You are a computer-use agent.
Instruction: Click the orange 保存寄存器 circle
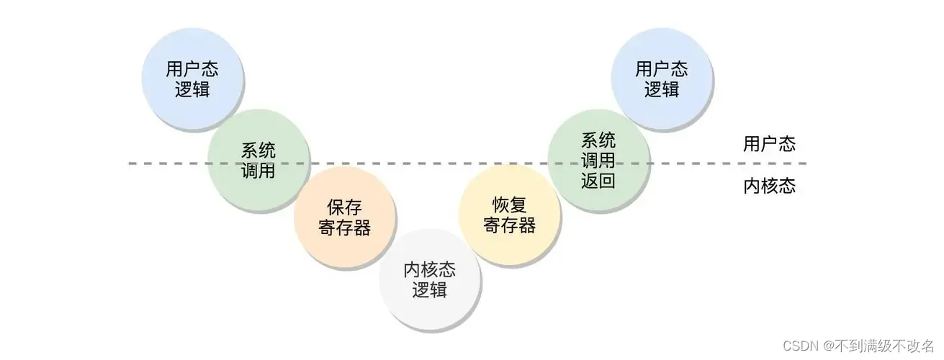[x=345, y=218]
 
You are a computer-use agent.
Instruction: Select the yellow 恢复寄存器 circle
[x=510, y=215]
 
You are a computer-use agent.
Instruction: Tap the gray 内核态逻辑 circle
[x=430, y=279]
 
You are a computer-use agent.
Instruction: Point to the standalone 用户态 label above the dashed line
[x=769, y=143]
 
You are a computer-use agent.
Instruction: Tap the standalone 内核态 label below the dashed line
[x=769, y=186]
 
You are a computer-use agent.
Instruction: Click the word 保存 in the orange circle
[x=345, y=208]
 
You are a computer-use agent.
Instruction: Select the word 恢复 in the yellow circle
[x=510, y=204]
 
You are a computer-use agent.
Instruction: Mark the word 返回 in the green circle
[x=598, y=180]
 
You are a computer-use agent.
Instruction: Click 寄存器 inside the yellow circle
[x=510, y=225]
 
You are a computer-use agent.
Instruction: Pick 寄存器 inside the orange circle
[x=345, y=229]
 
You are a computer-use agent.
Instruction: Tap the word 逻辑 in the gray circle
[x=430, y=290]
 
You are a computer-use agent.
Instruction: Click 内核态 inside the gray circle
[x=430, y=269]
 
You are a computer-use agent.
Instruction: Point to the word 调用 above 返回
[x=598, y=160]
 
